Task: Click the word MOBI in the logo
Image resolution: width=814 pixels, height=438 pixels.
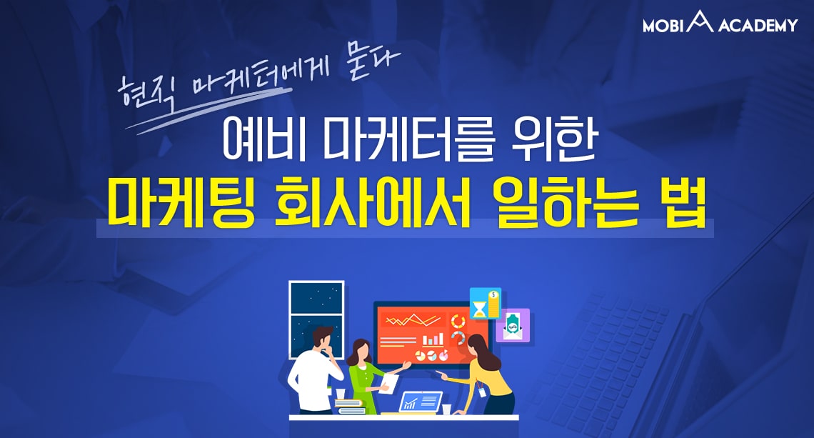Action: click(663, 25)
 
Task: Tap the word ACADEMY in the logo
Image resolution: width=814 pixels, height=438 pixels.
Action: click(758, 25)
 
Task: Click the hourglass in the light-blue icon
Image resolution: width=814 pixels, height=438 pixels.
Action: click(479, 309)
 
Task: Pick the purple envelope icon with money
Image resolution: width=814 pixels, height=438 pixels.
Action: click(513, 325)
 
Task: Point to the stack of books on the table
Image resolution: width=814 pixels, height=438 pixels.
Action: click(351, 407)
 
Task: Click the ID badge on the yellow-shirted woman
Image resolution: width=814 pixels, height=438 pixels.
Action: click(482, 392)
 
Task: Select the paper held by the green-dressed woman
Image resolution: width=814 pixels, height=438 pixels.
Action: click(389, 383)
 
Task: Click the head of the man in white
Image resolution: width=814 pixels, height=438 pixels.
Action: click(323, 339)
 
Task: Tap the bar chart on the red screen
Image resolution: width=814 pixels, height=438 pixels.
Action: click(433, 340)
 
